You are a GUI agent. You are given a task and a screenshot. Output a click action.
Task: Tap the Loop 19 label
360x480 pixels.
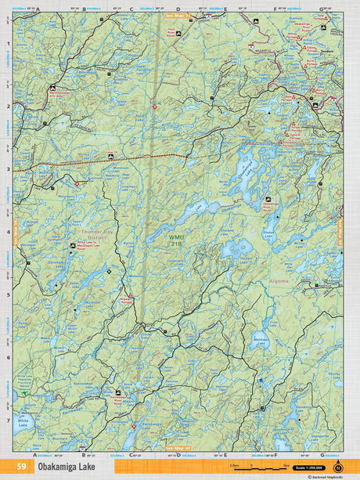tap(112, 153)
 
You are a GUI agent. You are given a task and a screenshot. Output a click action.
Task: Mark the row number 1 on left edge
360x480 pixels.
tap(8, 44)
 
